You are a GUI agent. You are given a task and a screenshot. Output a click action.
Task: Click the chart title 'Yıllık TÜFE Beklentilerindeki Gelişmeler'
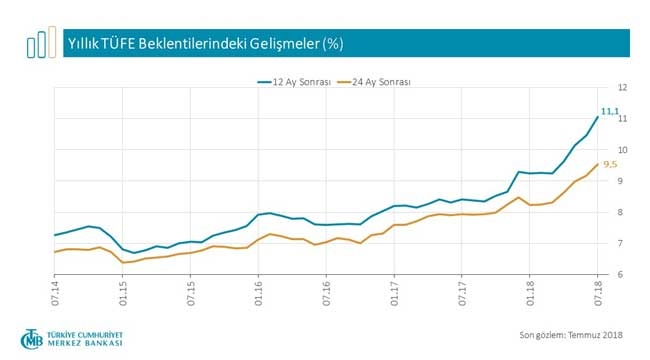[205, 44]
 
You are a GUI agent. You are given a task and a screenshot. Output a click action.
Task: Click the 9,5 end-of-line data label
[608, 164]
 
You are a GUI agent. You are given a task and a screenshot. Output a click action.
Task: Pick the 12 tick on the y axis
[622, 87]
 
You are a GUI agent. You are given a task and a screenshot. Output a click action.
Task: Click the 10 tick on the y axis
[622, 150]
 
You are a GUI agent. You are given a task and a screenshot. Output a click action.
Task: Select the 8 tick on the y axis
[622, 212]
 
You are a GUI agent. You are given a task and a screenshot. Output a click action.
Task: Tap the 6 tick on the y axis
[622, 275]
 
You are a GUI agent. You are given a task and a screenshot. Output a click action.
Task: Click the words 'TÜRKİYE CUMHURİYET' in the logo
[88, 332]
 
